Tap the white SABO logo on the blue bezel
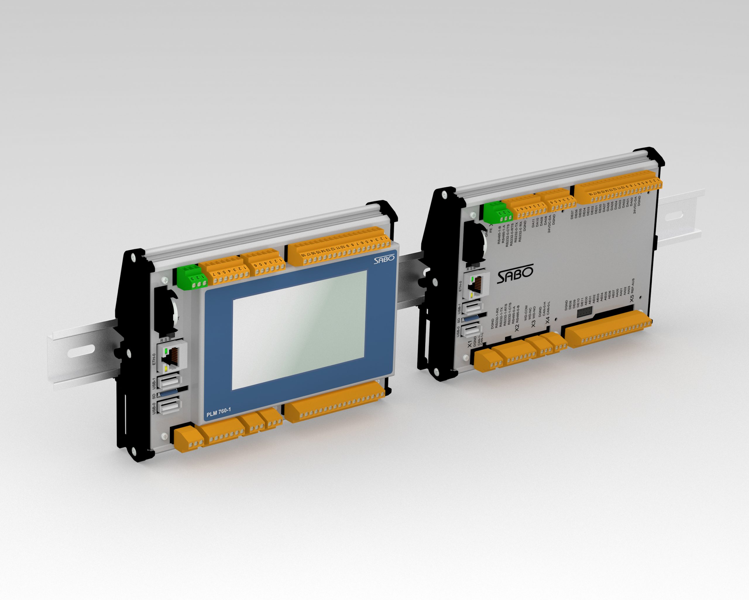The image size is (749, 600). (x=384, y=259)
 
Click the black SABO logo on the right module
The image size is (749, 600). (x=515, y=275)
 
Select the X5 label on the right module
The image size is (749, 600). (x=632, y=298)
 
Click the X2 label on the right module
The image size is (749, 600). (x=517, y=327)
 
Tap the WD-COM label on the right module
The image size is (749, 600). (x=526, y=312)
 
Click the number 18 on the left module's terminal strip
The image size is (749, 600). (x=303, y=255)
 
